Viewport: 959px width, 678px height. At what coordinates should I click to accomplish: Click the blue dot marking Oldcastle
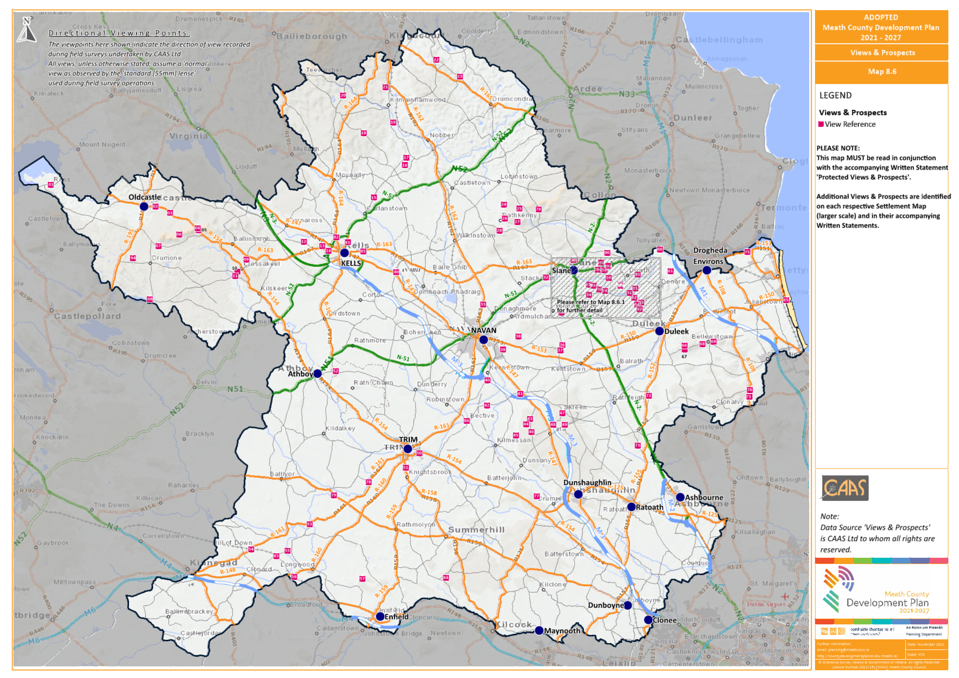[144, 207]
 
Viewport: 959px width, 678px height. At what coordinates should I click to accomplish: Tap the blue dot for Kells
[344, 253]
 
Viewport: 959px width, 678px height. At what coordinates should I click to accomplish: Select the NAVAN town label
[484, 331]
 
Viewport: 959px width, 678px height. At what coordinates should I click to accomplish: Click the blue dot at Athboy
[317, 374]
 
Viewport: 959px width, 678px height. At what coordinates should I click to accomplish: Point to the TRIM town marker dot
[408, 449]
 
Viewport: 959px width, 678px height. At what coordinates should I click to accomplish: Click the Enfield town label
[397, 617]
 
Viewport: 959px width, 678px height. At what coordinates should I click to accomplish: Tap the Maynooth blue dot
[539, 631]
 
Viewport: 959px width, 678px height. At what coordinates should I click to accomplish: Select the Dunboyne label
[606, 606]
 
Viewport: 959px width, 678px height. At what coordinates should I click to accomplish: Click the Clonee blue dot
[648, 620]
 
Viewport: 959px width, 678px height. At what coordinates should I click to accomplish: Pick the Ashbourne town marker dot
[680, 497]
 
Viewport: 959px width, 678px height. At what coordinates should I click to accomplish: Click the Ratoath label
[649, 508]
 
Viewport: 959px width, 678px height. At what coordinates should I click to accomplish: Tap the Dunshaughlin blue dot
[578, 494]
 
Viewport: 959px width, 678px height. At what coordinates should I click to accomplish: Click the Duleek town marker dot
[659, 331]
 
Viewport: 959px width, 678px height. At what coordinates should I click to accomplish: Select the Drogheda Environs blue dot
[707, 270]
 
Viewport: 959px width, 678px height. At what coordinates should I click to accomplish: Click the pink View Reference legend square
[821, 125]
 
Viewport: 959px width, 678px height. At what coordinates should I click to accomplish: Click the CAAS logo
[845, 488]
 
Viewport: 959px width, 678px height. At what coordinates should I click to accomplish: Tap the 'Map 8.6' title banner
[882, 72]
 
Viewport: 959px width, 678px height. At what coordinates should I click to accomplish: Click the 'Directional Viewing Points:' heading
[119, 33]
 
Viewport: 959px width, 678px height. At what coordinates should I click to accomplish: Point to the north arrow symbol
[27, 30]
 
